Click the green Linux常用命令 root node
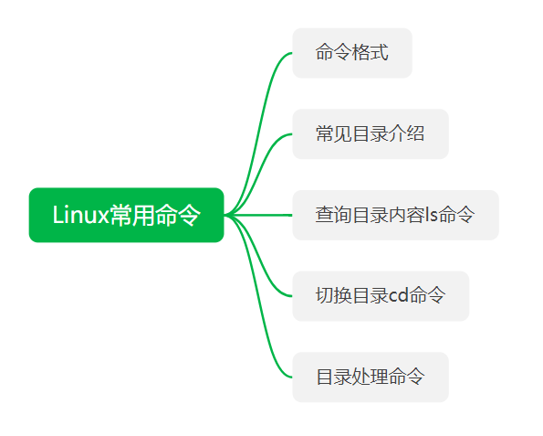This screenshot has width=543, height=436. [127, 215]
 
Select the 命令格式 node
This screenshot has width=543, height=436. [352, 53]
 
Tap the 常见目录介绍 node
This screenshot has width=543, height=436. [371, 133]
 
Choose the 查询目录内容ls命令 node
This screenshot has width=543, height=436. [395, 215]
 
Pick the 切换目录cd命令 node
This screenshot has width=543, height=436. [381, 296]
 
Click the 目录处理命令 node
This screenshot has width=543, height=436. [371, 377]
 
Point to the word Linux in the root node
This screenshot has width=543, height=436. [81, 215]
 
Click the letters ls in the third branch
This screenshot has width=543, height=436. [431, 215]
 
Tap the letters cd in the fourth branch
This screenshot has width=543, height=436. [398, 296]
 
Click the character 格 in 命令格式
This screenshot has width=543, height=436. [360, 53]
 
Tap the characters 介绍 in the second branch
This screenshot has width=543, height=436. [406, 133]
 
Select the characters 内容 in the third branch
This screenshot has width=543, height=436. [406, 215]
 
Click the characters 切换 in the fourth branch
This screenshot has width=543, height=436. [334, 296]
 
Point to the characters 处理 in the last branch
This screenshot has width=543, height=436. [371, 377]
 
